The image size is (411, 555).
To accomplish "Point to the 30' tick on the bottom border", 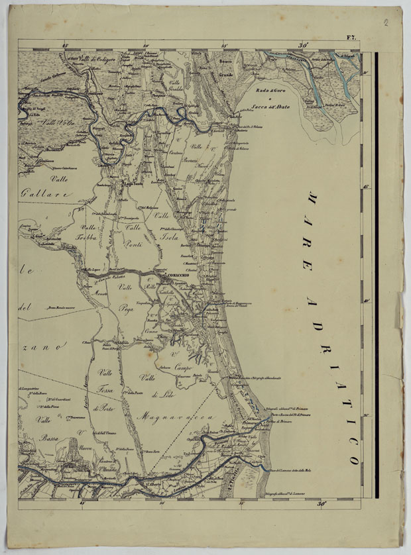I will tap(322, 504).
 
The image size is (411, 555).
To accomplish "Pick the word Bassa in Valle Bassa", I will tap(48, 438).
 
